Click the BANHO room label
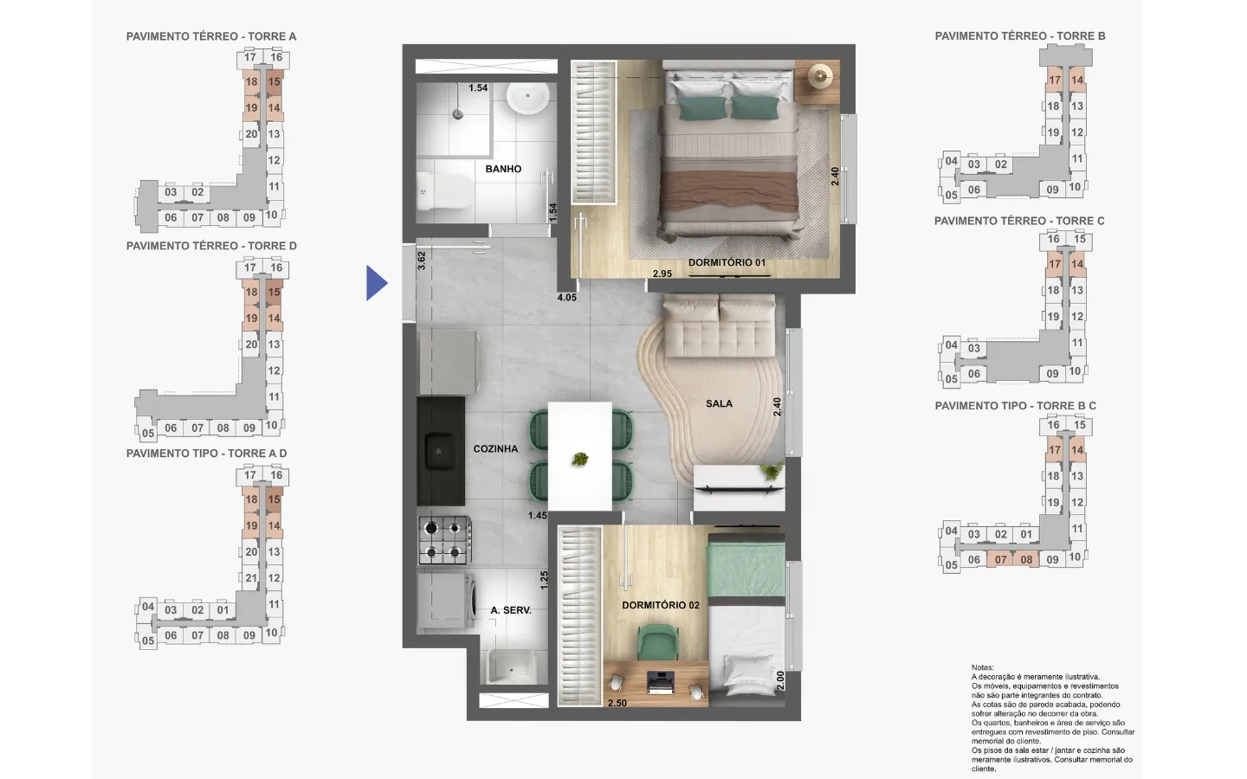pos(503,169)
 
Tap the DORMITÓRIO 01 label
pos(727,262)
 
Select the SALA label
pos(719,403)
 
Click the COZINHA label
pos(495,448)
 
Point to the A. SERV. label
pos(511,610)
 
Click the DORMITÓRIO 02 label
pos(660,605)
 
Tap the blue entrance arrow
pos(377,283)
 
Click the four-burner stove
pos(445,540)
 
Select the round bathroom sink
pos(527,98)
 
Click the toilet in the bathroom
pos(443,190)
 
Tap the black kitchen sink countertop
pos(440,451)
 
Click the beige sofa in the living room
pos(720,325)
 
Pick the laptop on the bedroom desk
pos(660,683)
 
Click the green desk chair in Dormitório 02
pos(658,641)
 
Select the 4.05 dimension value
pos(566,298)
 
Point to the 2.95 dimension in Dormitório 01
pos(662,274)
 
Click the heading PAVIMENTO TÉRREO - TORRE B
pos(1020,36)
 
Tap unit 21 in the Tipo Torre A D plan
pos(251,577)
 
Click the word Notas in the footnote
pos(983,667)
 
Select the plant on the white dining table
pos(580,460)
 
